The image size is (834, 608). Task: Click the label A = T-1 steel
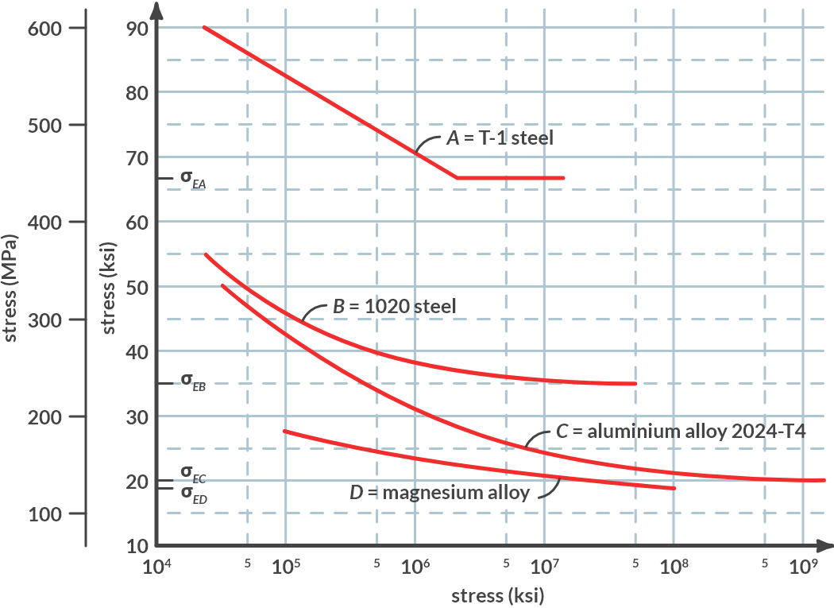[x=500, y=137]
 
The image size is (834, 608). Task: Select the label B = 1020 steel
[x=395, y=305]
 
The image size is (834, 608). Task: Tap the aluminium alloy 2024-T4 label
[x=681, y=432]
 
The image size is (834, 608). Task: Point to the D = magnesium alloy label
[x=439, y=492]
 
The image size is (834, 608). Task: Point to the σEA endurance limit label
[x=192, y=179]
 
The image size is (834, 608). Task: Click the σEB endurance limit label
[x=192, y=382]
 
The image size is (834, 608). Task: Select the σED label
[x=192, y=494]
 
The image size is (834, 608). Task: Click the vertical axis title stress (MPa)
[x=11, y=287]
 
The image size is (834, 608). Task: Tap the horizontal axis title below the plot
[x=497, y=595]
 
